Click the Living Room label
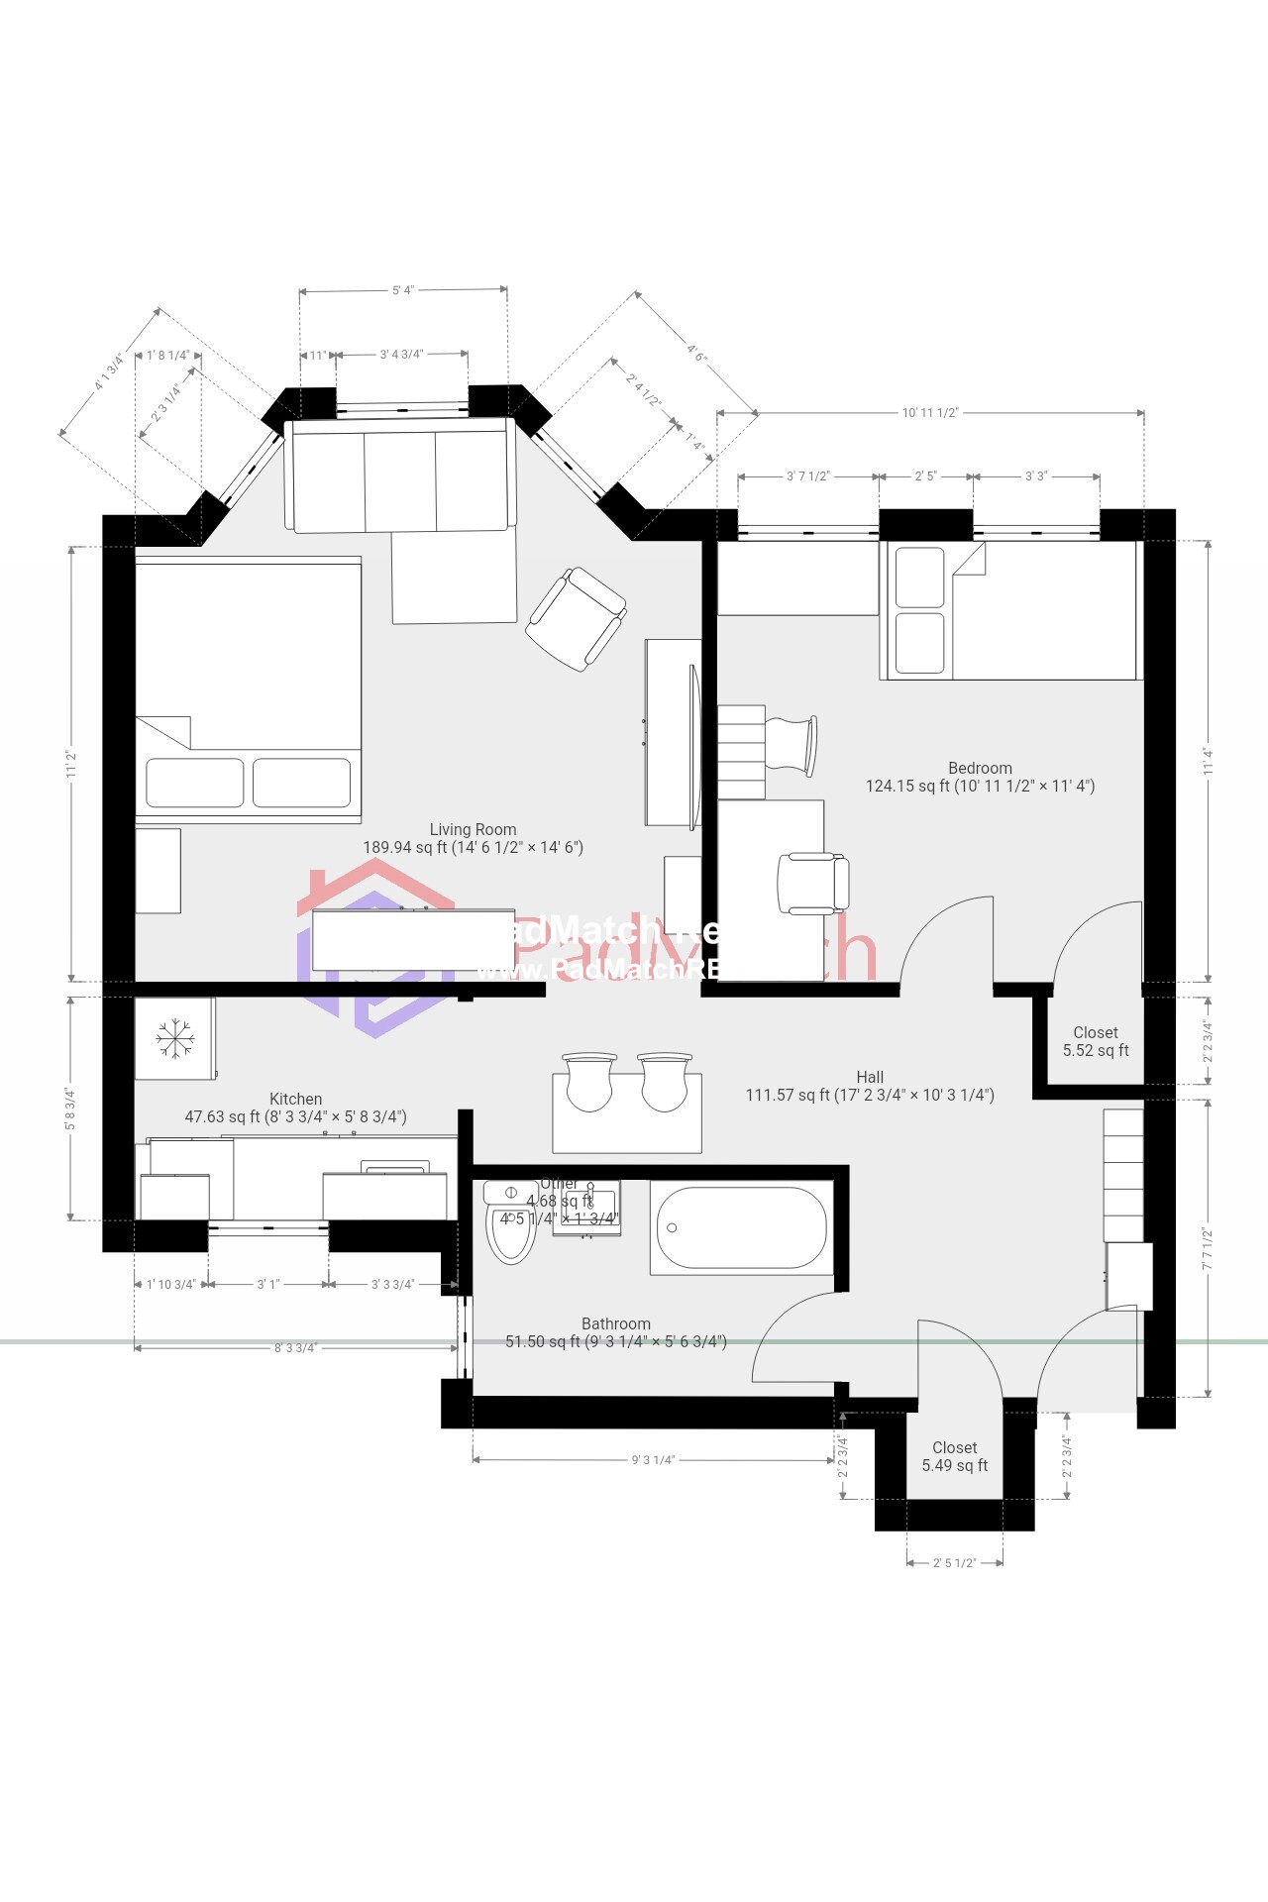click(x=473, y=830)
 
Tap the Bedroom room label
click(x=980, y=769)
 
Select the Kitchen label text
click(x=295, y=1100)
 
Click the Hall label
click(x=870, y=1078)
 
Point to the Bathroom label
click(x=615, y=1324)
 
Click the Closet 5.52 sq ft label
click(x=1096, y=1041)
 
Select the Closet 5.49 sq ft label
click(x=954, y=1456)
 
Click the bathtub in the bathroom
click(x=741, y=1227)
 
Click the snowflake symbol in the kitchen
click(x=175, y=1037)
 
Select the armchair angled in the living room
click(x=576, y=619)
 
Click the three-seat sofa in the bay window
click(x=400, y=477)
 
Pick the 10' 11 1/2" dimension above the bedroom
click(x=929, y=413)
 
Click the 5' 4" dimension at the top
click(x=402, y=290)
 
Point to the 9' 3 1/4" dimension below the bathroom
click(x=653, y=1460)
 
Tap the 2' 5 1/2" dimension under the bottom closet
click(x=954, y=1563)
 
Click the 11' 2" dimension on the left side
click(x=71, y=764)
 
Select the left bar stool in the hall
click(x=588, y=1083)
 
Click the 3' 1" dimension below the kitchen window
click(x=268, y=1285)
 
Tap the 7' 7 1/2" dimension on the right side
click(x=1208, y=1249)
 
